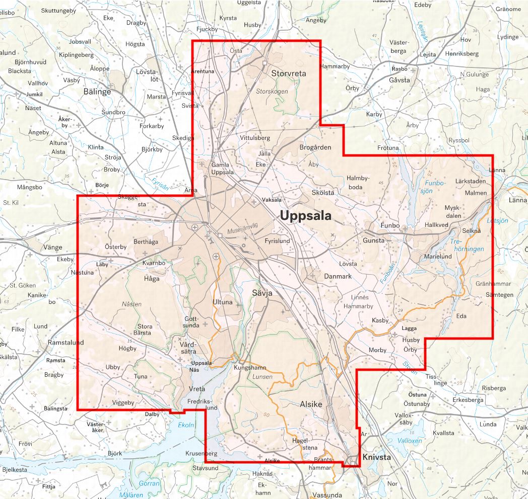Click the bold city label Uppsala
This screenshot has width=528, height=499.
click(x=305, y=216)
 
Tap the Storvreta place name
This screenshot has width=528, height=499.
click(x=289, y=73)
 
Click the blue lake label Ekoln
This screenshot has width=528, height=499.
click(x=186, y=425)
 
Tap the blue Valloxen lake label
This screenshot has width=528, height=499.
click(x=410, y=441)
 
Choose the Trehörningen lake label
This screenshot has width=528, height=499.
click(x=467, y=245)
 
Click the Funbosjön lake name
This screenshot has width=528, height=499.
click(x=435, y=187)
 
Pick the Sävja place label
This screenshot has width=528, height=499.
click(x=262, y=292)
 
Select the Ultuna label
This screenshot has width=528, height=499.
click(x=223, y=302)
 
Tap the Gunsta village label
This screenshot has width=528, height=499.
click(x=373, y=240)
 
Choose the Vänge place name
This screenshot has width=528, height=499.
click(x=53, y=247)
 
